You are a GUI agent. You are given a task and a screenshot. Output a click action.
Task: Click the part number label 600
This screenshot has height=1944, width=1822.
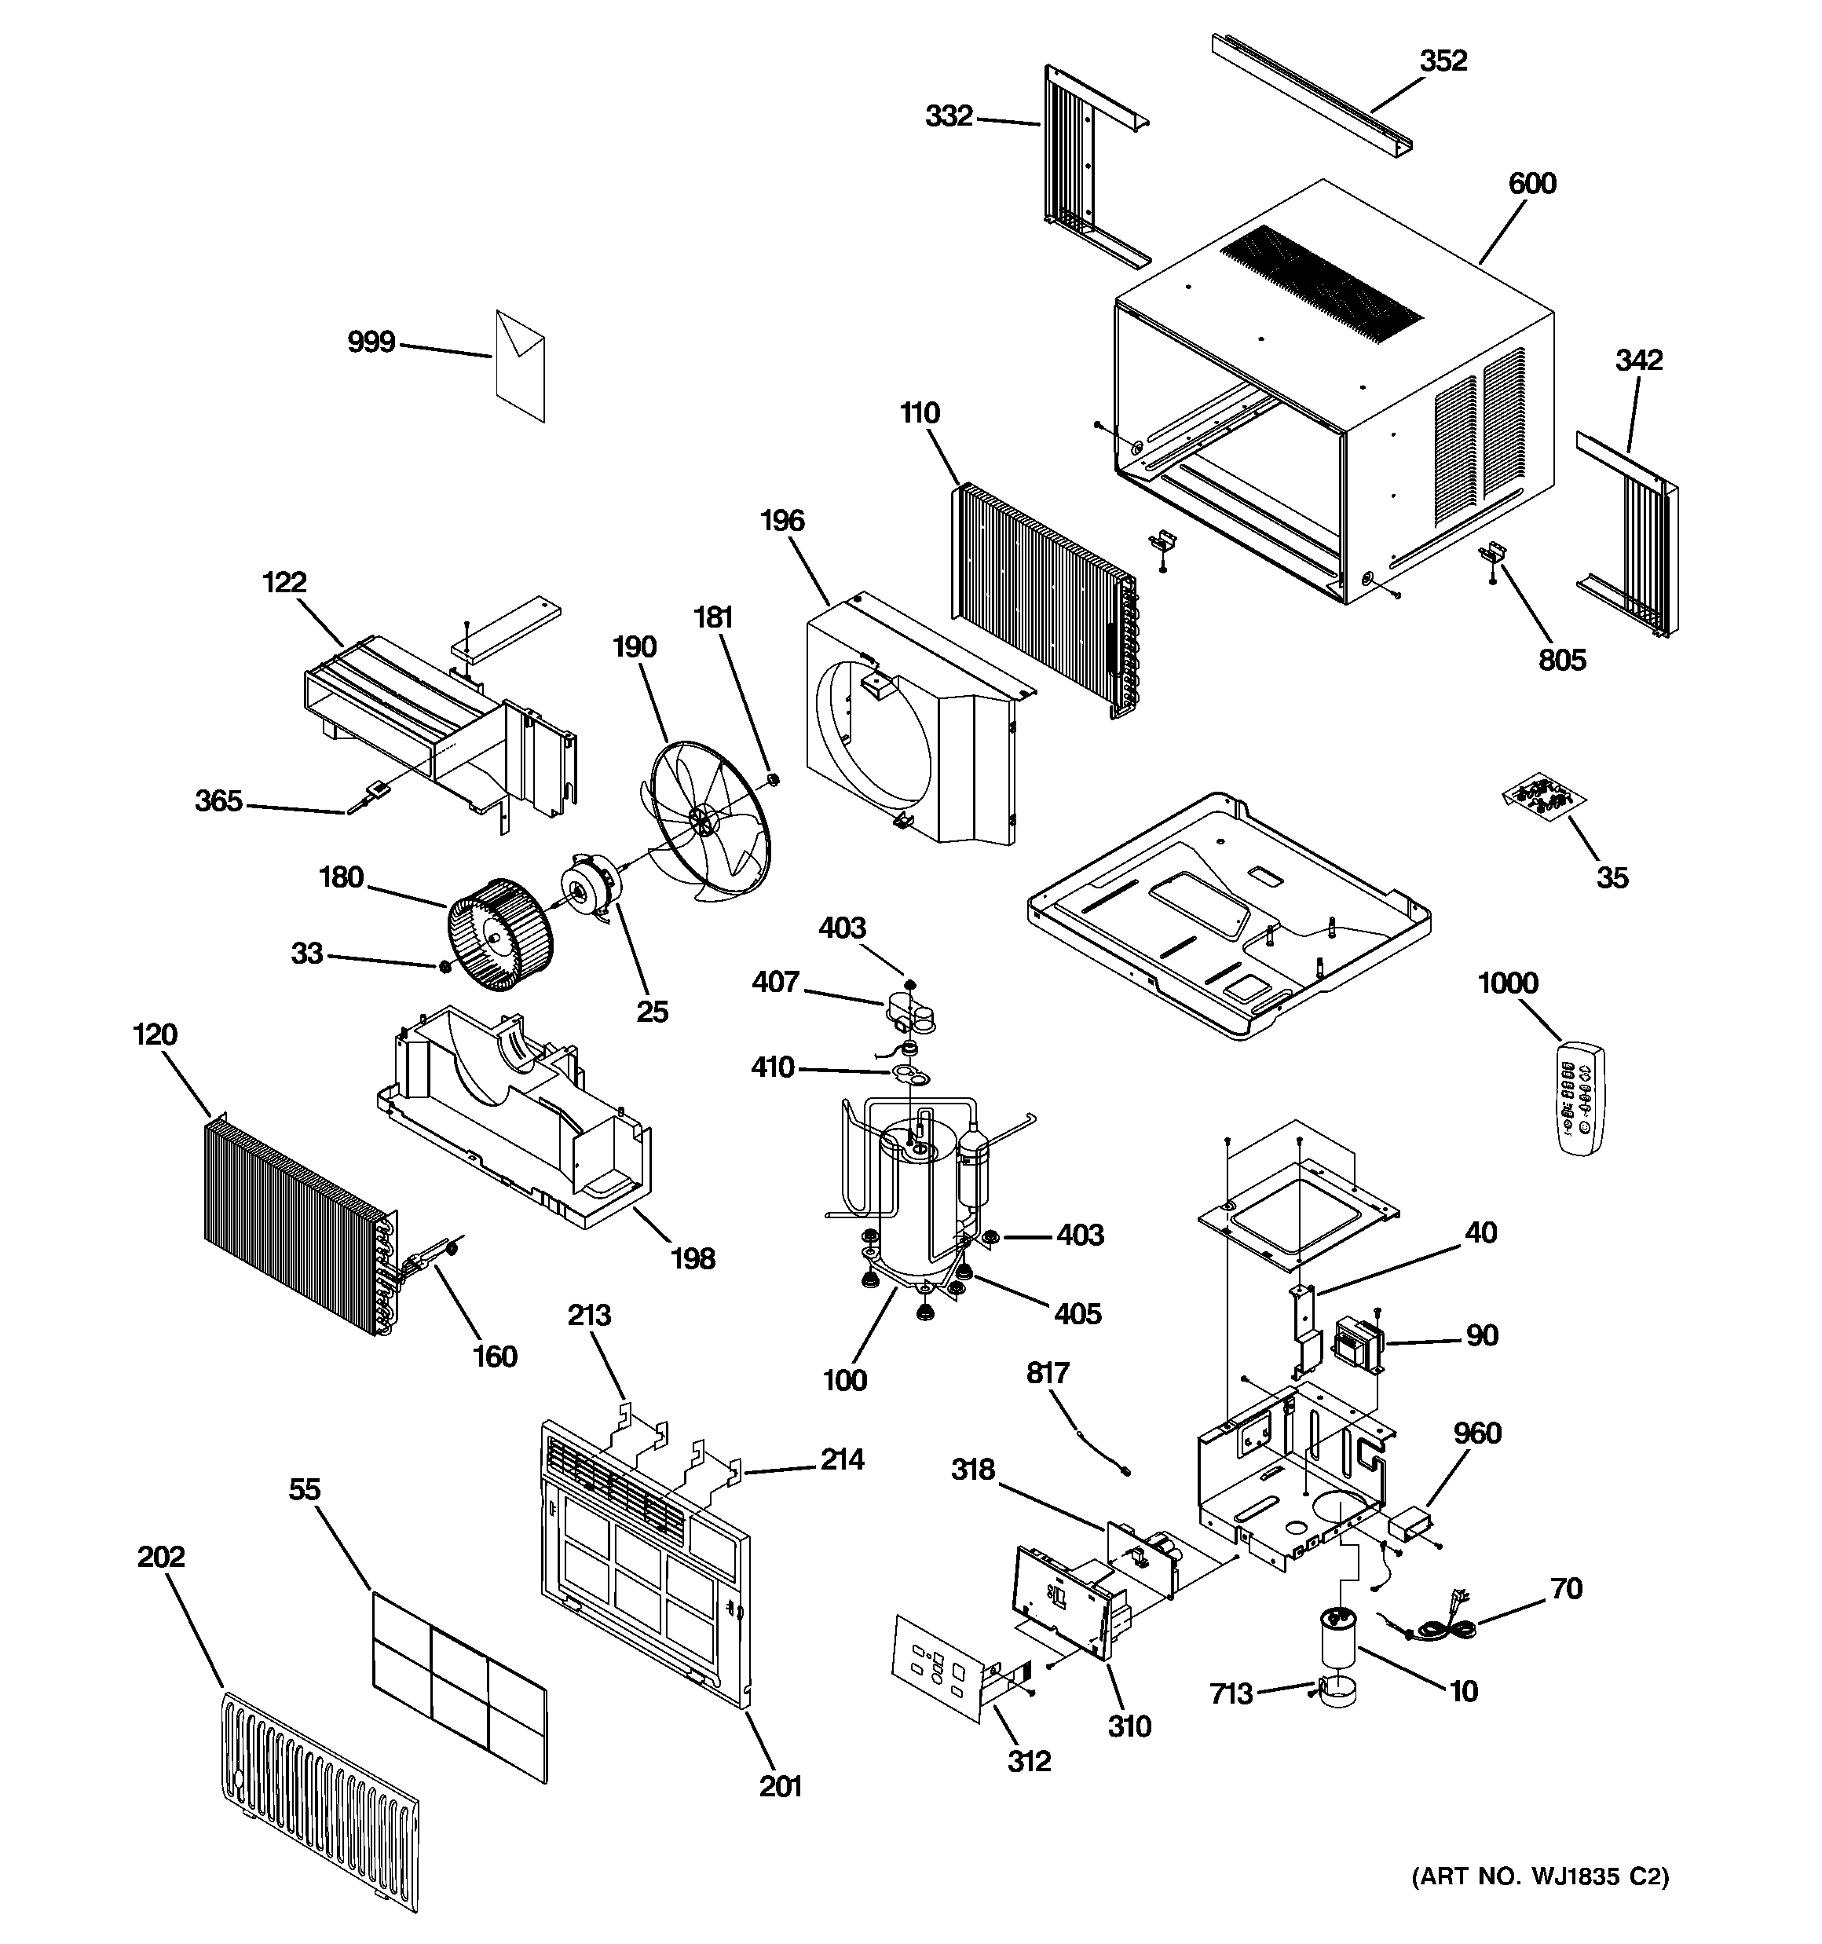click(x=1531, y=184)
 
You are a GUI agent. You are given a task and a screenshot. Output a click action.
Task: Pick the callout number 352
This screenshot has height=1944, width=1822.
click(x=1443, y=61)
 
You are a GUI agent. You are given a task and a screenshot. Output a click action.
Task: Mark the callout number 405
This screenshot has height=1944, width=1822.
click(x=1077, y=1313)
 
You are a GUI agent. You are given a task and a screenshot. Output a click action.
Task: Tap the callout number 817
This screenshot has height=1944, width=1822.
click(x=1048, y=1374)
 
